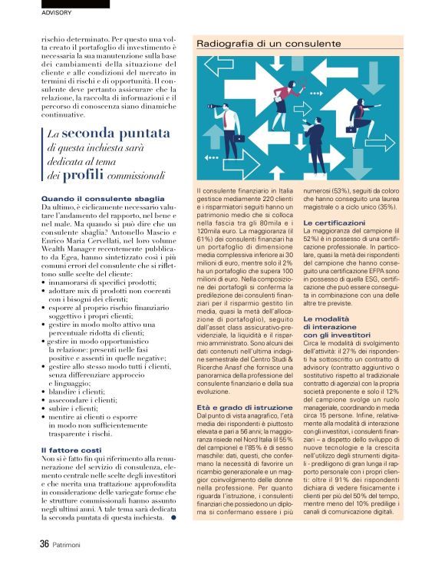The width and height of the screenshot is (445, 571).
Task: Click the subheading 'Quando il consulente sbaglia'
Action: [x=103, y=199]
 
